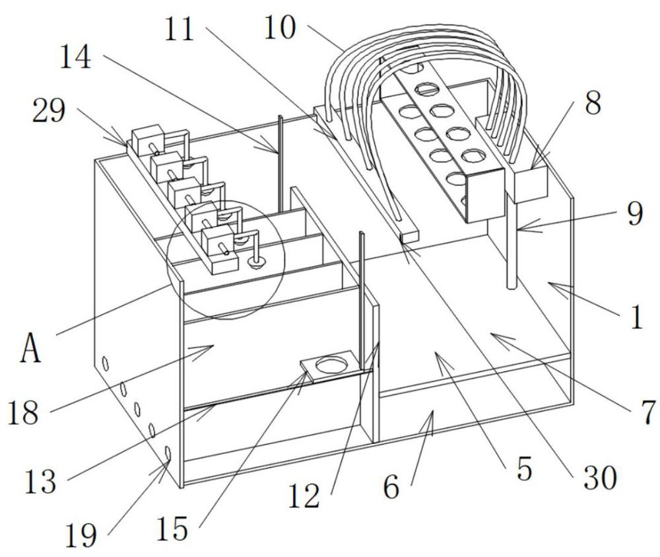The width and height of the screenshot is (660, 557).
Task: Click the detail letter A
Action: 30,349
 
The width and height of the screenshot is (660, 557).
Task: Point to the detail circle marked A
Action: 226,260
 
